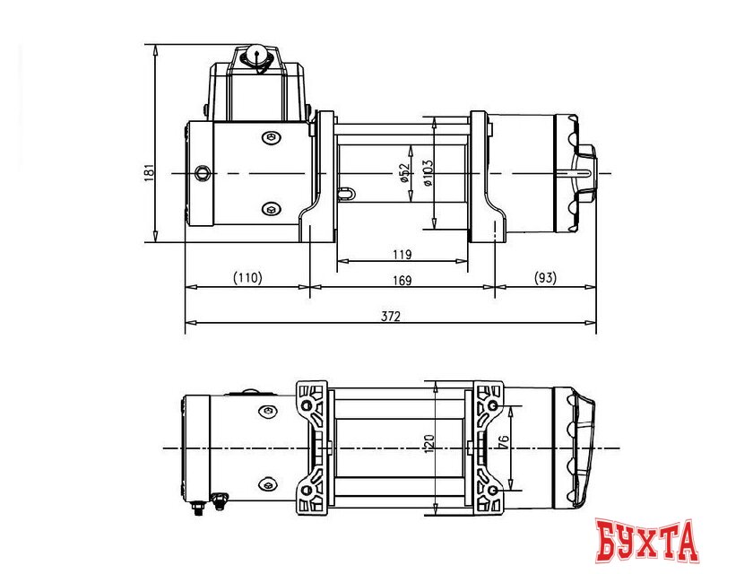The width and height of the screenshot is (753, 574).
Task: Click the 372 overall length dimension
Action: coord(390,316)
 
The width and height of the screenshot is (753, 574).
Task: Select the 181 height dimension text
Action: coord(150,171)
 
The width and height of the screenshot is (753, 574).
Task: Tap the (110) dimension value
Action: coord(247,279)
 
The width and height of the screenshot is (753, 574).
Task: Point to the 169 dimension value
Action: coord(402,281)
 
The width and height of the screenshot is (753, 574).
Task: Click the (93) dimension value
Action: coord(544,279)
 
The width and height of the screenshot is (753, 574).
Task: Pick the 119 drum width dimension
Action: coord(402,255)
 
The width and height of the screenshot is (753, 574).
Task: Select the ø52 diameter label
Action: coord(404,172)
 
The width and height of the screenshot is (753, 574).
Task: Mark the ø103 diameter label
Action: coord(428,171)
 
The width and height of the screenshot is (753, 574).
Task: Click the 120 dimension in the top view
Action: coord(429,443)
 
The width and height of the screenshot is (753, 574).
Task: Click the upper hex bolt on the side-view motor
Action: coord(272,137)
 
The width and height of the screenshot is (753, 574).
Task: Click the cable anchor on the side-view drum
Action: coord(346,190)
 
